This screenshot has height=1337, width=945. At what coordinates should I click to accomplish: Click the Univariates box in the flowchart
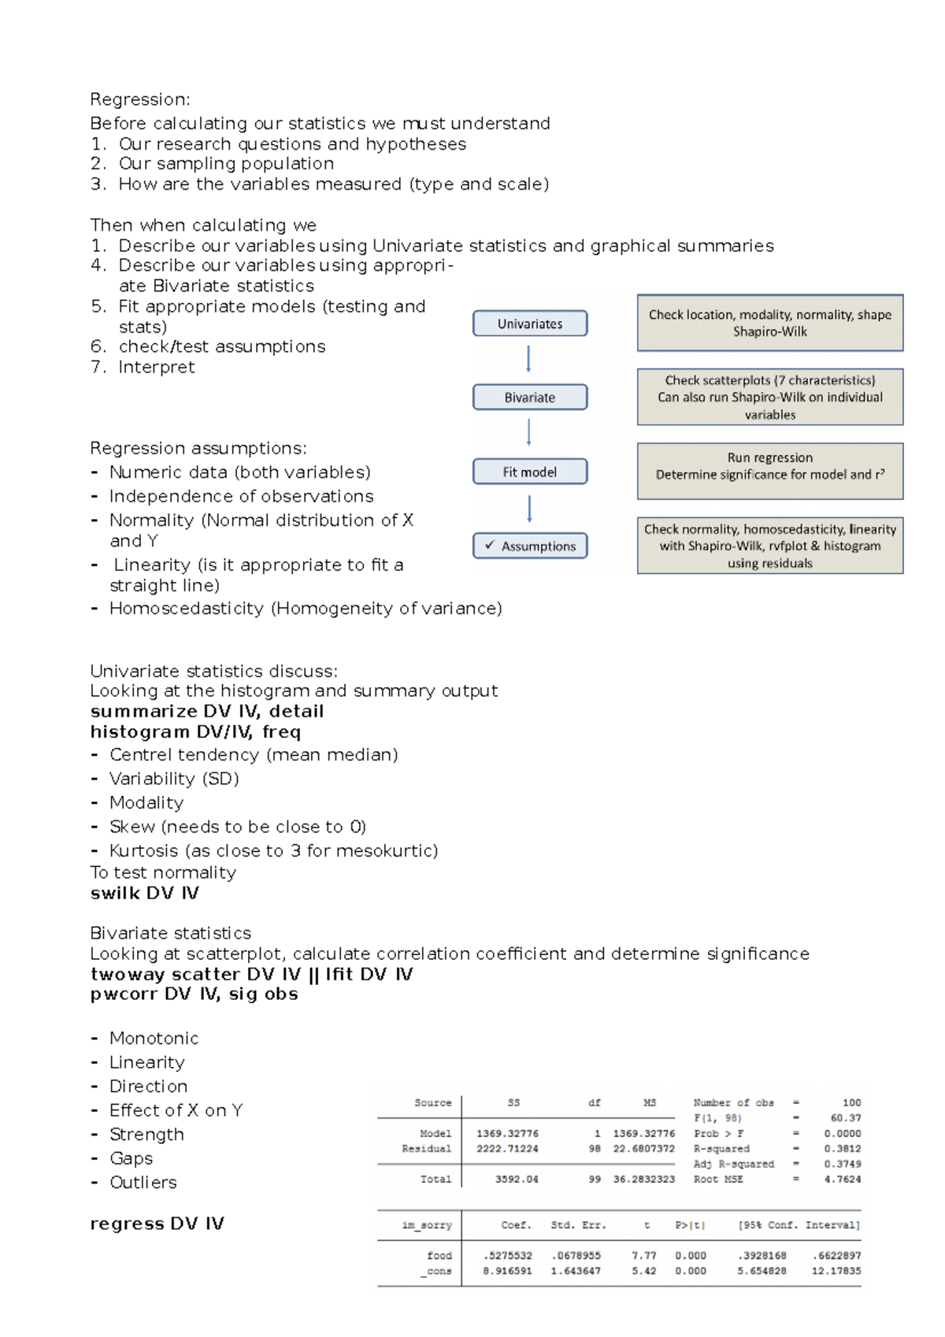pos(530,324)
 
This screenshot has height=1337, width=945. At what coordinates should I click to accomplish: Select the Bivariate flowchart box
pos(530,398)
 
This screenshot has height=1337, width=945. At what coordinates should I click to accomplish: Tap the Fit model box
pos(530,472)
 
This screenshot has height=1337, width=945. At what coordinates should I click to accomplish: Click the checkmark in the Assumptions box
pos(490,545)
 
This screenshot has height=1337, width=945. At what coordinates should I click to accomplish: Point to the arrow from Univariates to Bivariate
pos(528,360)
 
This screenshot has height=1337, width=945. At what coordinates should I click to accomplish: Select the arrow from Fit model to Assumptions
pos(529,509)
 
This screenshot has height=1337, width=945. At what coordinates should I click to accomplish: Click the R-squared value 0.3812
pos(842,1149)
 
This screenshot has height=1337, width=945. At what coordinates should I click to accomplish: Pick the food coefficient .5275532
pos(507,1256)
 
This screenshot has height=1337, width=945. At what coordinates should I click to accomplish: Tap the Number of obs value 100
pos(851,1103)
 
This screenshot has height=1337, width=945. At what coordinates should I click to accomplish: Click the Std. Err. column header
pos(578,1225)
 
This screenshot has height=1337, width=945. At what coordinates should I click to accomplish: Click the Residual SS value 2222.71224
pos(507,1149)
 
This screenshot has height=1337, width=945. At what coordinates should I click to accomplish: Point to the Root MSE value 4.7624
pos(842,1180)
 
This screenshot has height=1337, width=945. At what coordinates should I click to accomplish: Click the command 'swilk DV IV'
pos(144,893)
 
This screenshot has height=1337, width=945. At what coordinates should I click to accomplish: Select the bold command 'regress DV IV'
pos(157,1224)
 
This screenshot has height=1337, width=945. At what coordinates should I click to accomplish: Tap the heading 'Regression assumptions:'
pos(198,448)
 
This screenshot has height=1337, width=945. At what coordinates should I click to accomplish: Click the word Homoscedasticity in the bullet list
pos(186,609)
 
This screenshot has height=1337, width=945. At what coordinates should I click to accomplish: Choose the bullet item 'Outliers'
pos(143,1183)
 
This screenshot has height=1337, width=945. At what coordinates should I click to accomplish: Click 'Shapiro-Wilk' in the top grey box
pos(769,331)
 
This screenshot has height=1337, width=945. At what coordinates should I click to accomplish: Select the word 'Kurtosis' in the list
pos(144,850)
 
